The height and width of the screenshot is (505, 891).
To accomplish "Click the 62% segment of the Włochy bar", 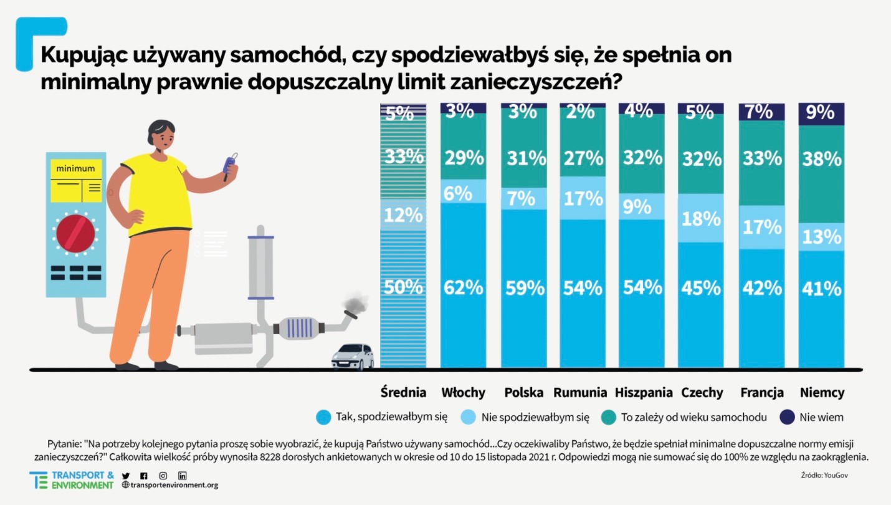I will (463, 287).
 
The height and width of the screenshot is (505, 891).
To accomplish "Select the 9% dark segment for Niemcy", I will (821, 113).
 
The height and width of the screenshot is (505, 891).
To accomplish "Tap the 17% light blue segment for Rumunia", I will (583, 198).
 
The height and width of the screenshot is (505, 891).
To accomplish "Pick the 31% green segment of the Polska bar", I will (523, 159).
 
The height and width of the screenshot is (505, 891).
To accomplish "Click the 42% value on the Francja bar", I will (761, 288).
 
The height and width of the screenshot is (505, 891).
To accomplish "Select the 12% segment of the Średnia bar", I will (403, 216).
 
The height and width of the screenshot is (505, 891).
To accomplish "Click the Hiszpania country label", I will (644, 393).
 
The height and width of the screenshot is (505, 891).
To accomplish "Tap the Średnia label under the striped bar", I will (403, 393).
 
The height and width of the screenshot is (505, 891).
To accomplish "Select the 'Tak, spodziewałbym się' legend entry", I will (391, 417).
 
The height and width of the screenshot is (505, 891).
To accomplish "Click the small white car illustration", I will (353, 357).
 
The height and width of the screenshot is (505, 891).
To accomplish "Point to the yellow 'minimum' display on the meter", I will (75, 181).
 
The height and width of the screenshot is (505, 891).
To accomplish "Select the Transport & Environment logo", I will (71, 480).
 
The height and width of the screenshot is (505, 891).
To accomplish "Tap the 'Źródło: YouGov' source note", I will (824, 475).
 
